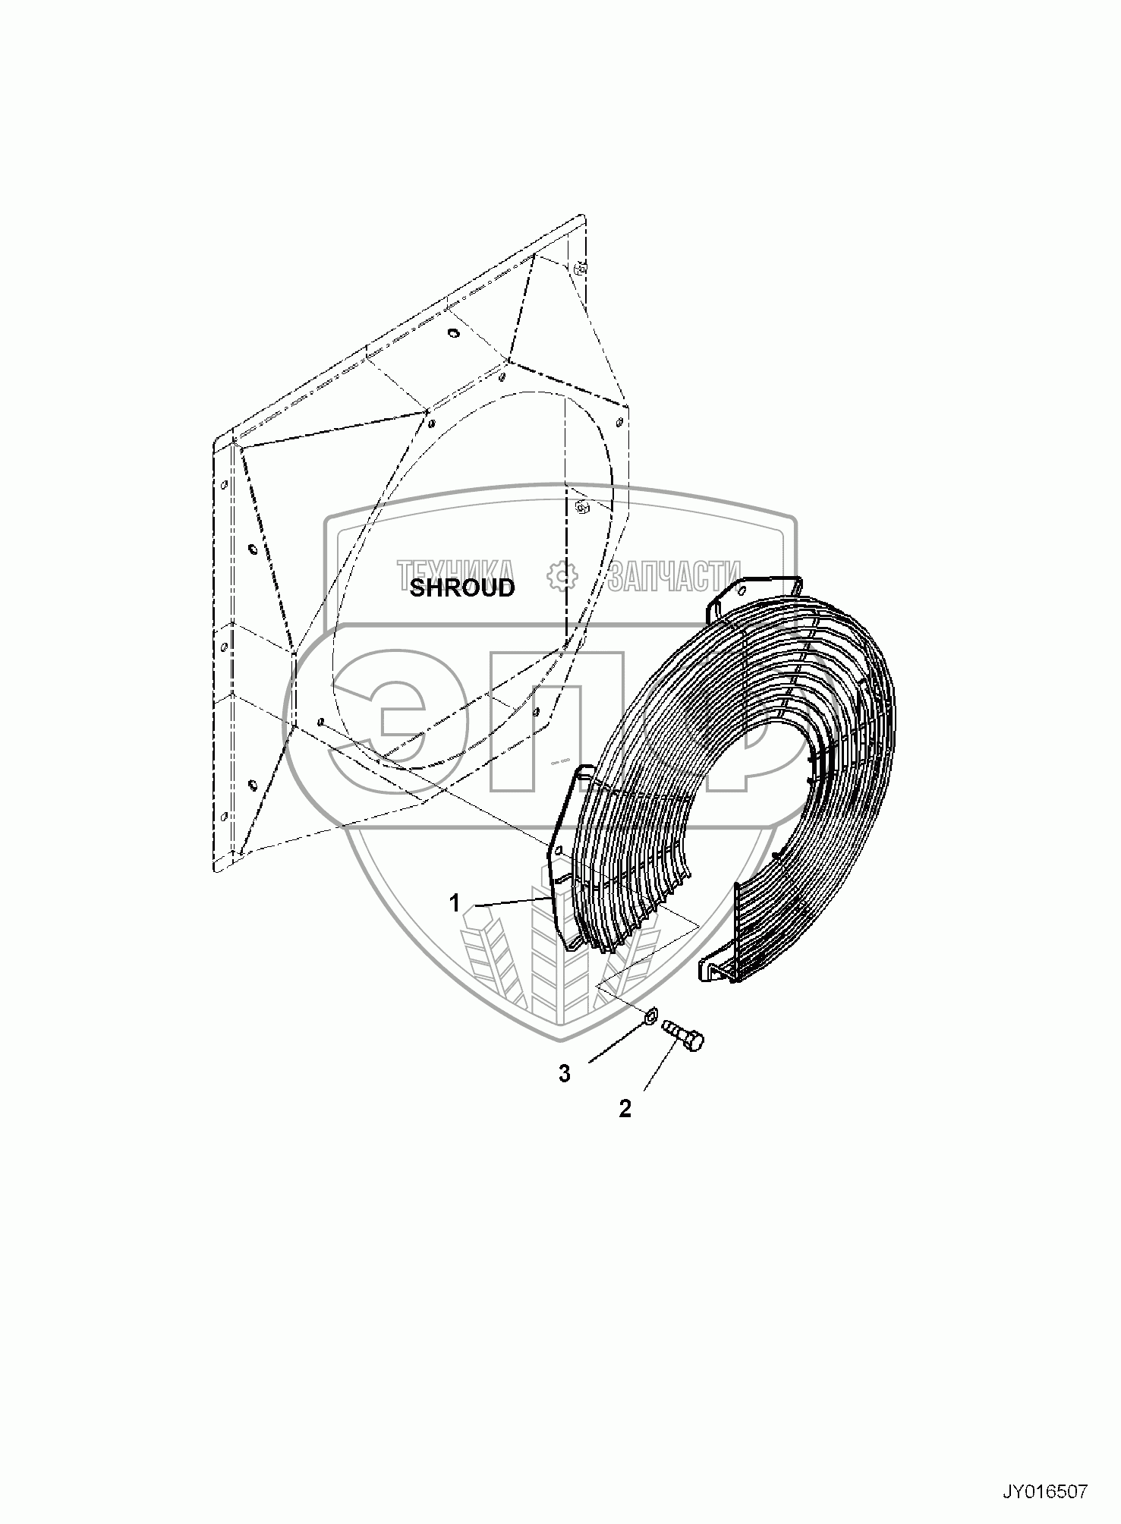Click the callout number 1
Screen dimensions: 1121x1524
click(x=455, y=903)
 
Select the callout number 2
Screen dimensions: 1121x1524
click(x=625, y=1109)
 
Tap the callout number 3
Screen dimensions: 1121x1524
click(x=564, y=1073)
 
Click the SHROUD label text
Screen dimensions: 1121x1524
click(x=461, y=587)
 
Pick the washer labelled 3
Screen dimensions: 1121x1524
click(x=651, y=1017)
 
